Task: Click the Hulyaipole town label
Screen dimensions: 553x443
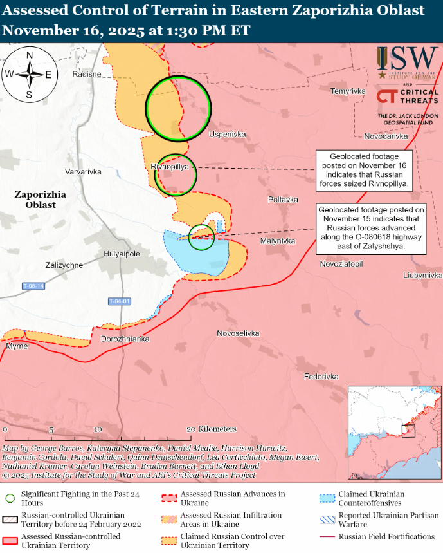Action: (x=122, y=254)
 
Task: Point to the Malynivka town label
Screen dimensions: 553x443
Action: (x=277, y=241)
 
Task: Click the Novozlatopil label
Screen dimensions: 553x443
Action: (x=341, y=265)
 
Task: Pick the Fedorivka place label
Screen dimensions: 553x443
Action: (x=321, y=376)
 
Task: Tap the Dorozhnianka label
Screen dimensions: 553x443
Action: (x=125, y=339)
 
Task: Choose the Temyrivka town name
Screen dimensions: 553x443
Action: (x=348, y=91)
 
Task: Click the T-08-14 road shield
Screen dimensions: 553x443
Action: (x=33, y=286)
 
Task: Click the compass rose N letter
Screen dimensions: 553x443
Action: (x=30, y=55)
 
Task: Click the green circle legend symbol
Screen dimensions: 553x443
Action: (x=10, y=498)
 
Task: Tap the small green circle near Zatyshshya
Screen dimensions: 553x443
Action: (x=202, y=238)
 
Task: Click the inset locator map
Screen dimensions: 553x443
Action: (x=393, y=433)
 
